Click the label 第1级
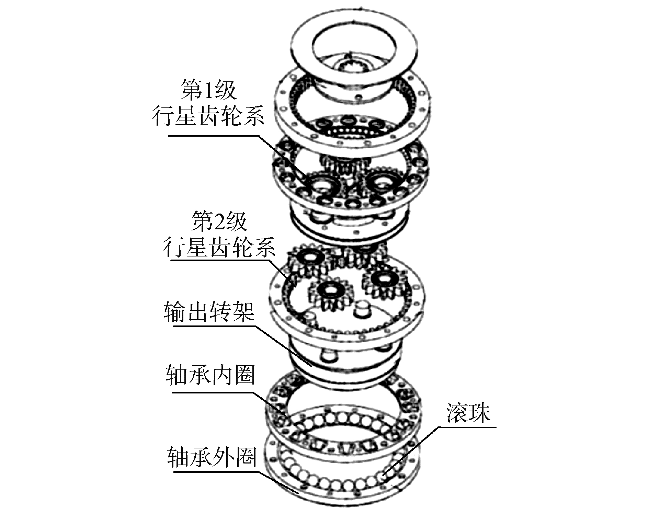(208, 90)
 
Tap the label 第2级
(219, 221)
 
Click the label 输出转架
(209, 311)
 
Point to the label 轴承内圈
(210, 375)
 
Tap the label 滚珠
(468, 413)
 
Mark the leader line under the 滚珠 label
(467, 427)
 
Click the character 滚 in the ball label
(457, 413)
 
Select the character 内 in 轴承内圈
(221, 375)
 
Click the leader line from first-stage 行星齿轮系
(213, 136)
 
